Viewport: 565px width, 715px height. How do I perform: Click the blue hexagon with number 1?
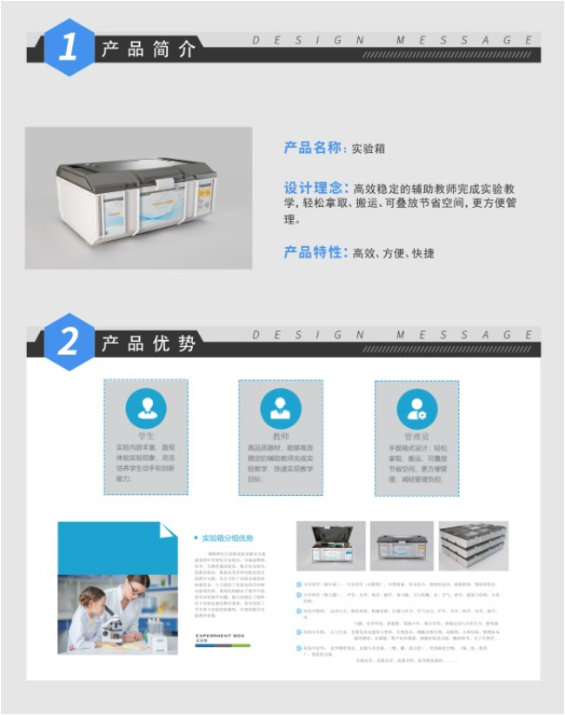pyautogui.click(x=70, y=48)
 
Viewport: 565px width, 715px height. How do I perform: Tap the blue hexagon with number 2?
pyautogui.click(x=70, y=342)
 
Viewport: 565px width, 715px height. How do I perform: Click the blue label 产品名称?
pyautogui.click(x=314, y=148)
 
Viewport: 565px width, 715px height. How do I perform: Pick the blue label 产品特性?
pyautogui.click(x=314, y=252)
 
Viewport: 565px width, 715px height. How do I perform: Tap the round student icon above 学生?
pyautogui.click(x=146, y=408)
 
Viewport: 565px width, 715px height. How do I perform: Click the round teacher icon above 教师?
pyautogui.click(x=281, y=408)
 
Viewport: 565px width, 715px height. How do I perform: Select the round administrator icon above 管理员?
pyautogui.click(x=416, y=408)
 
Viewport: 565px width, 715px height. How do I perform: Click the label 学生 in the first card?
pyautogui.click(x=146, y=436)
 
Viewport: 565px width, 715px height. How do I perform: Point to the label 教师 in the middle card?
pyautogui.click(x=281, y=436)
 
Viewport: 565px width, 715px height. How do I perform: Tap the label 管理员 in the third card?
pyautogui.click(x=416, y=436)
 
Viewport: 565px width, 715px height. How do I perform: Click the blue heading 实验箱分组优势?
pyautogui.click(x=227, y=538)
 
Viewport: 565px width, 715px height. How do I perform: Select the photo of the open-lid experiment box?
pyautogui.click(x=330, y=546)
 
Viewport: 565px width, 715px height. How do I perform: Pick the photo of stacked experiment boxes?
pyautogui.click(x=473, y=546)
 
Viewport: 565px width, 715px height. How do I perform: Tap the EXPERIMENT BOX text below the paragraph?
pyautogui.click(x=218, y=636)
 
